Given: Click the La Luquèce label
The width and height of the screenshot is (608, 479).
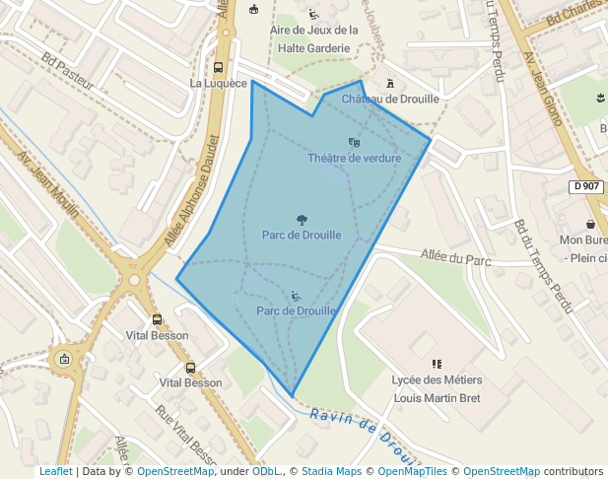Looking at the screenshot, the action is click(x=218, y=84).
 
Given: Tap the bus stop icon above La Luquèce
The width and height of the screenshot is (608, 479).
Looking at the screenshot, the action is click(x=218, y=68).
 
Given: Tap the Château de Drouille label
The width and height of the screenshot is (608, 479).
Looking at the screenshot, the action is click(x=390, y=99).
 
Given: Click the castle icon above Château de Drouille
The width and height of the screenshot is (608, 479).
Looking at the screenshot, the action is click(x=390, y=84).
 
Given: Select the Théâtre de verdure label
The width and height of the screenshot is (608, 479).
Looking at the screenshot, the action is click(x=354, y=158).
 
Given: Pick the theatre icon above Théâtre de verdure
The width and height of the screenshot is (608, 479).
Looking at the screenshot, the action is click(x=354, y=143).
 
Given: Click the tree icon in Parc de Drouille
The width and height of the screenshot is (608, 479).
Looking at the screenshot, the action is click(x=302, y=219).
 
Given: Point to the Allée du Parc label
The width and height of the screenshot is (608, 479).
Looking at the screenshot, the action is click(x=455, y=258).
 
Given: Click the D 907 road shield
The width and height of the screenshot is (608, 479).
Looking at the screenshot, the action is click(x=586, y=186).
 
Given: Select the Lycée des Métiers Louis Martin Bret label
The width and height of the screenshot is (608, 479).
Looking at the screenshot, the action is click(x=438, y=389).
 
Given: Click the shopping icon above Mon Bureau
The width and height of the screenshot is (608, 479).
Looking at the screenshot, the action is click(x=590, y=224).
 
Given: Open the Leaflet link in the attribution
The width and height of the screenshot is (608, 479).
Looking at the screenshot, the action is click(x=55, y=471).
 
